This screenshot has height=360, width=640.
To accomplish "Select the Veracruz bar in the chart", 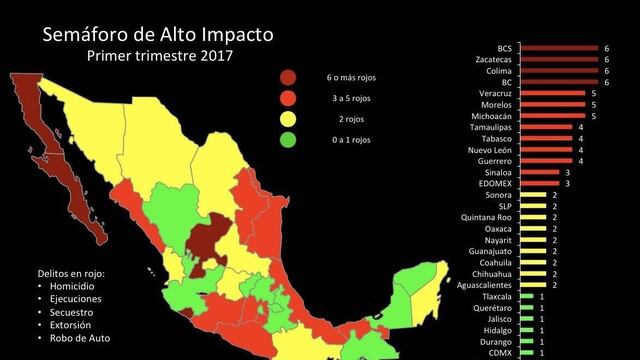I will point(553,93).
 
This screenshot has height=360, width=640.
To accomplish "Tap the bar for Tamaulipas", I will point(546,127).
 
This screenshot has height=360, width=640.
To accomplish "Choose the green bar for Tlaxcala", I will point(527,297).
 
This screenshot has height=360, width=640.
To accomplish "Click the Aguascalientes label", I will point(482,285).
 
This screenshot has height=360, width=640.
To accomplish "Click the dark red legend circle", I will point(287,77).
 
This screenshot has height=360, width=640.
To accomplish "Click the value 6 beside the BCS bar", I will point(606,48).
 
